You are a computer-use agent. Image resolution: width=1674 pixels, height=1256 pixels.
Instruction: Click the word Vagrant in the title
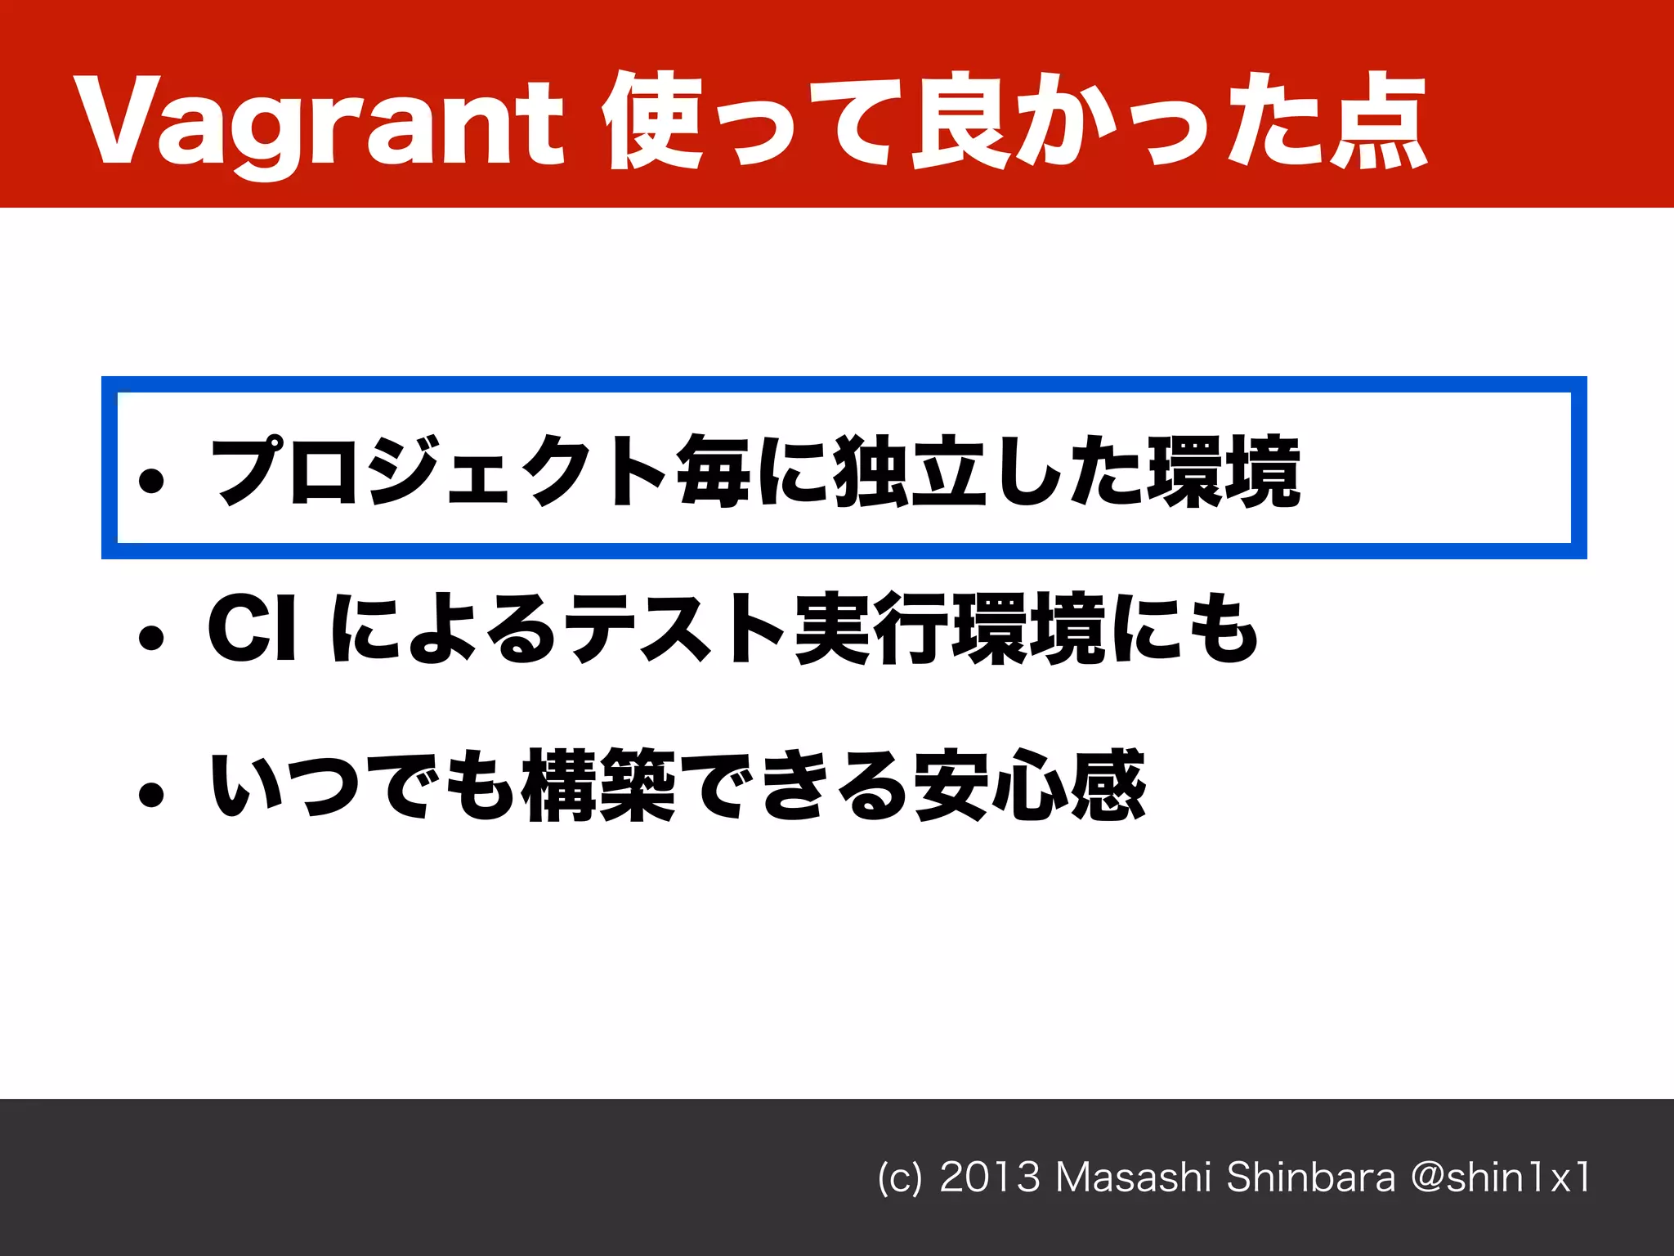click(319, 123)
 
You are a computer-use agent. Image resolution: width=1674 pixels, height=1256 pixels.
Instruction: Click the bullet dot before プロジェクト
click(152, 481)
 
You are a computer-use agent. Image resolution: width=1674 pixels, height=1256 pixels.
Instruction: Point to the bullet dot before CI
click(152, 637)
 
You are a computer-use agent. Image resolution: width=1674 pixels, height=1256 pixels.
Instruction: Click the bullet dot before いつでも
click(152, 793)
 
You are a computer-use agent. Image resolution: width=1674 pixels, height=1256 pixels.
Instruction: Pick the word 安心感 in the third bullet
click(1031, 785)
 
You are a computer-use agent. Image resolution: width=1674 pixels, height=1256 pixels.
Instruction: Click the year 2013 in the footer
click(990, 1177)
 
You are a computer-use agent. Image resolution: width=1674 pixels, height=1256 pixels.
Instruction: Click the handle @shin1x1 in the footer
click(1501, 1177)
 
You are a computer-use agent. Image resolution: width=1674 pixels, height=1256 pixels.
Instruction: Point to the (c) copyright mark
click(899, 1178)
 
